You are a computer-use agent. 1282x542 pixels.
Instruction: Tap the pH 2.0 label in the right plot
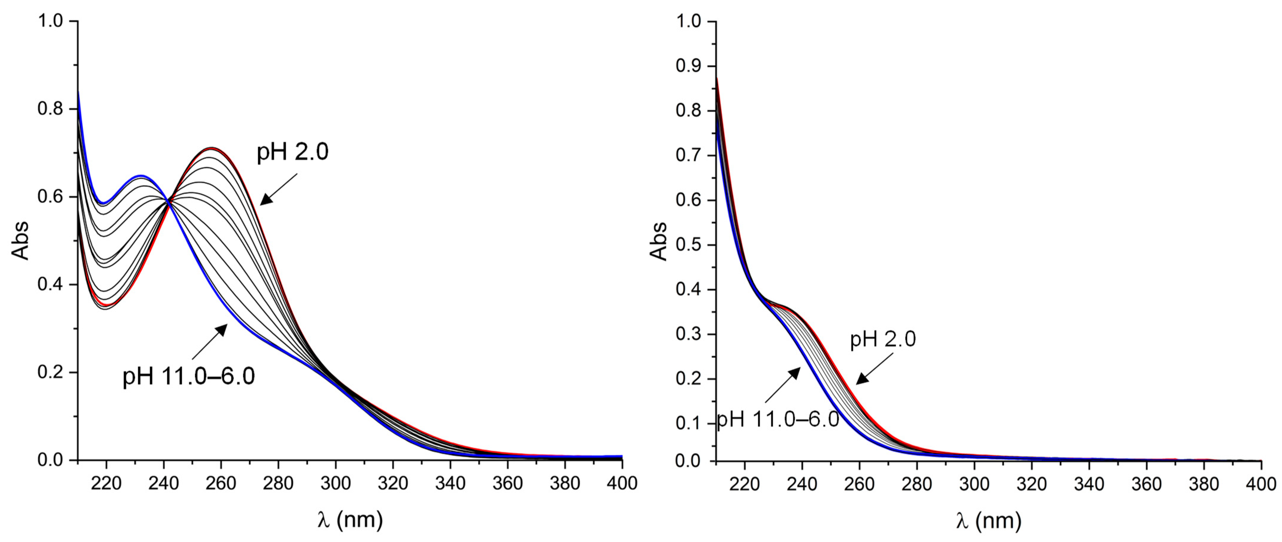[882, 339]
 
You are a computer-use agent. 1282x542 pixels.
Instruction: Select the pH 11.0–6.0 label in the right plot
[778, 420]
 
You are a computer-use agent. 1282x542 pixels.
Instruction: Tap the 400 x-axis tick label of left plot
[622, 483]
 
